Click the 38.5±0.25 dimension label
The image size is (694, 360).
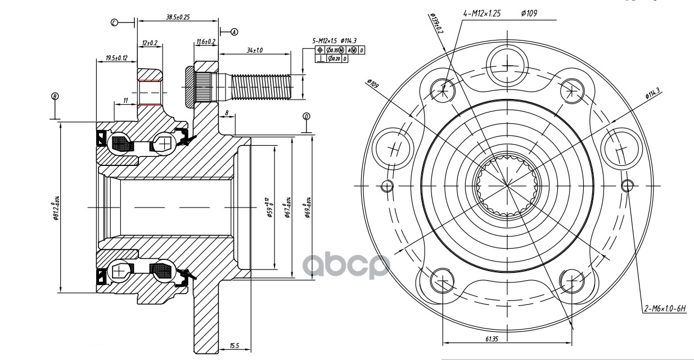click(x=177, y=17)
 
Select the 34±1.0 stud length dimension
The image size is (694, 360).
click(x=255, y=51)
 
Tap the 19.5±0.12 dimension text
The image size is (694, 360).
click(x=116, y=57)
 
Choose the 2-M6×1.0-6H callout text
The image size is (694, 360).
click(x=668, y=308)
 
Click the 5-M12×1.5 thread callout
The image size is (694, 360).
click(x=325, y=41)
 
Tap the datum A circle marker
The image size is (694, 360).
click(x=235, y=32)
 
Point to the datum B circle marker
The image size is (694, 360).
click(x=55, y=96)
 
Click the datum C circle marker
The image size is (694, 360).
click(x=114, y=22)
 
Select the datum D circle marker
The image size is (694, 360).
click(x=307, y=116)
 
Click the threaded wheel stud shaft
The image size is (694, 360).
click(x=262, y=85)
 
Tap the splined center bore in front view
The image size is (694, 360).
click(x=506, y=186)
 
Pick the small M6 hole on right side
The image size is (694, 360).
click(x=627, y=186)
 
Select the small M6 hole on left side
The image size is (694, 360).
click(x=386, y=186)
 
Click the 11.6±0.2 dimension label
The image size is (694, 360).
click(x=206, y=42)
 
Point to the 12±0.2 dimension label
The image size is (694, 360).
click(x=150, y=43)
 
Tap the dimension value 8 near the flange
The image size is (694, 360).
click(x=227, y=112)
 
